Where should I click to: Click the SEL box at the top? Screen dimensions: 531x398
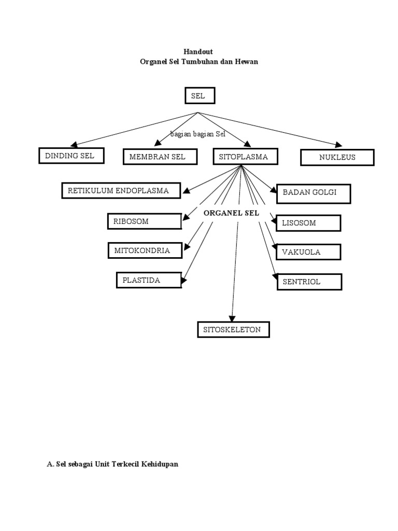click(200, 96)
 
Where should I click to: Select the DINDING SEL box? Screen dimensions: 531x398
click(71, 156)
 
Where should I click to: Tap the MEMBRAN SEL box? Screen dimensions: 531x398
click(160, 157)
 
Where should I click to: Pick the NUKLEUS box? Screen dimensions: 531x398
click(337, 158)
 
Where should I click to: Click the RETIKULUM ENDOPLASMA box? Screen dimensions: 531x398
click(121, 191)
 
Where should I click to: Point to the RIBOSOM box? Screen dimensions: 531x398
click(145, 221)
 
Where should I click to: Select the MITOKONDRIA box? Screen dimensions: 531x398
click(146, 251)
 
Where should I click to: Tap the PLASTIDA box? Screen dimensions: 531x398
click(149, 281)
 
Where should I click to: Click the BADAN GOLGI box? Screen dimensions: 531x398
click(313, 193)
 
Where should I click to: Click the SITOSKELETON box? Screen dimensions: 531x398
click(233, 329)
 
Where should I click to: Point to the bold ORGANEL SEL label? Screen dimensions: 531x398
click(231, 213)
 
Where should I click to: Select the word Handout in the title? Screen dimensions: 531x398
click(198, 52)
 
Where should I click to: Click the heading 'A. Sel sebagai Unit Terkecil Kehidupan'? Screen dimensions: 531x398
click(112, 464)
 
